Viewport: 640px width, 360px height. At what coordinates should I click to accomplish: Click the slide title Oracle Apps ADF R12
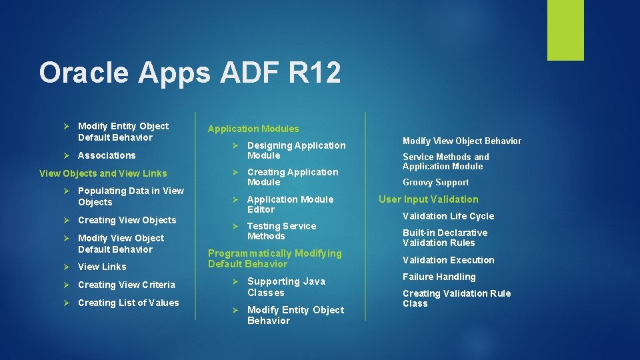(x=189, y=73)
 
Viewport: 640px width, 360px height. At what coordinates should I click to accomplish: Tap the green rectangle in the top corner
(x=565, y=30)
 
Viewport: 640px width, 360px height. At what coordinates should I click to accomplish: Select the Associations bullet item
(x=107, y=155)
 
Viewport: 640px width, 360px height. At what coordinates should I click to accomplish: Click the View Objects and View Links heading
(x=103, y=173)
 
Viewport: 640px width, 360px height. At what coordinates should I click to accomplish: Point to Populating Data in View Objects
(x=130, y=196)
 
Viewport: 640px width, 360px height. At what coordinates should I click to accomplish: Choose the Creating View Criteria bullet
(x=127, y=285)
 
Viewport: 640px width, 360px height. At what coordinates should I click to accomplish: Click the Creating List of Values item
(x=128, y=303)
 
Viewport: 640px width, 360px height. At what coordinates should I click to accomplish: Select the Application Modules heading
(x=253, y=129)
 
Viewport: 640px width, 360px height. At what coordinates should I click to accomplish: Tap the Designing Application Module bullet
(x=296, y=150)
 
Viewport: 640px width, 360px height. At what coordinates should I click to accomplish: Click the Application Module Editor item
(x=290, y=204)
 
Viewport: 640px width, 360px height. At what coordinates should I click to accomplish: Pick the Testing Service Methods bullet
(x=281, y=231)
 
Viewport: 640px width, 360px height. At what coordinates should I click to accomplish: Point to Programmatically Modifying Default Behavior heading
(x=275, y=258)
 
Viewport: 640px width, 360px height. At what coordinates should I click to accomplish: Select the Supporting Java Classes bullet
(x=286, y=287)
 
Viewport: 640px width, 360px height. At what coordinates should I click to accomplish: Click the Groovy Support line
(x=435, y=182)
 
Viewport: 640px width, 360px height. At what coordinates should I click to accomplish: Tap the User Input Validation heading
(x=428, y=199)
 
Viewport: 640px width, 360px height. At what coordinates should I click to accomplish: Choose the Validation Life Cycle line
(x=448, y=216)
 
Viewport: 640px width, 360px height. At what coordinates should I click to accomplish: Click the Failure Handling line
(x=439, y=277)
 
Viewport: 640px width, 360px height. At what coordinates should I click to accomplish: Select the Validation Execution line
(x=448, y=260)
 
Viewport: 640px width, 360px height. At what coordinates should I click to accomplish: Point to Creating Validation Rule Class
(x=456, y=298)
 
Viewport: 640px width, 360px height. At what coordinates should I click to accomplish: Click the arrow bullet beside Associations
(x=67, y=155)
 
